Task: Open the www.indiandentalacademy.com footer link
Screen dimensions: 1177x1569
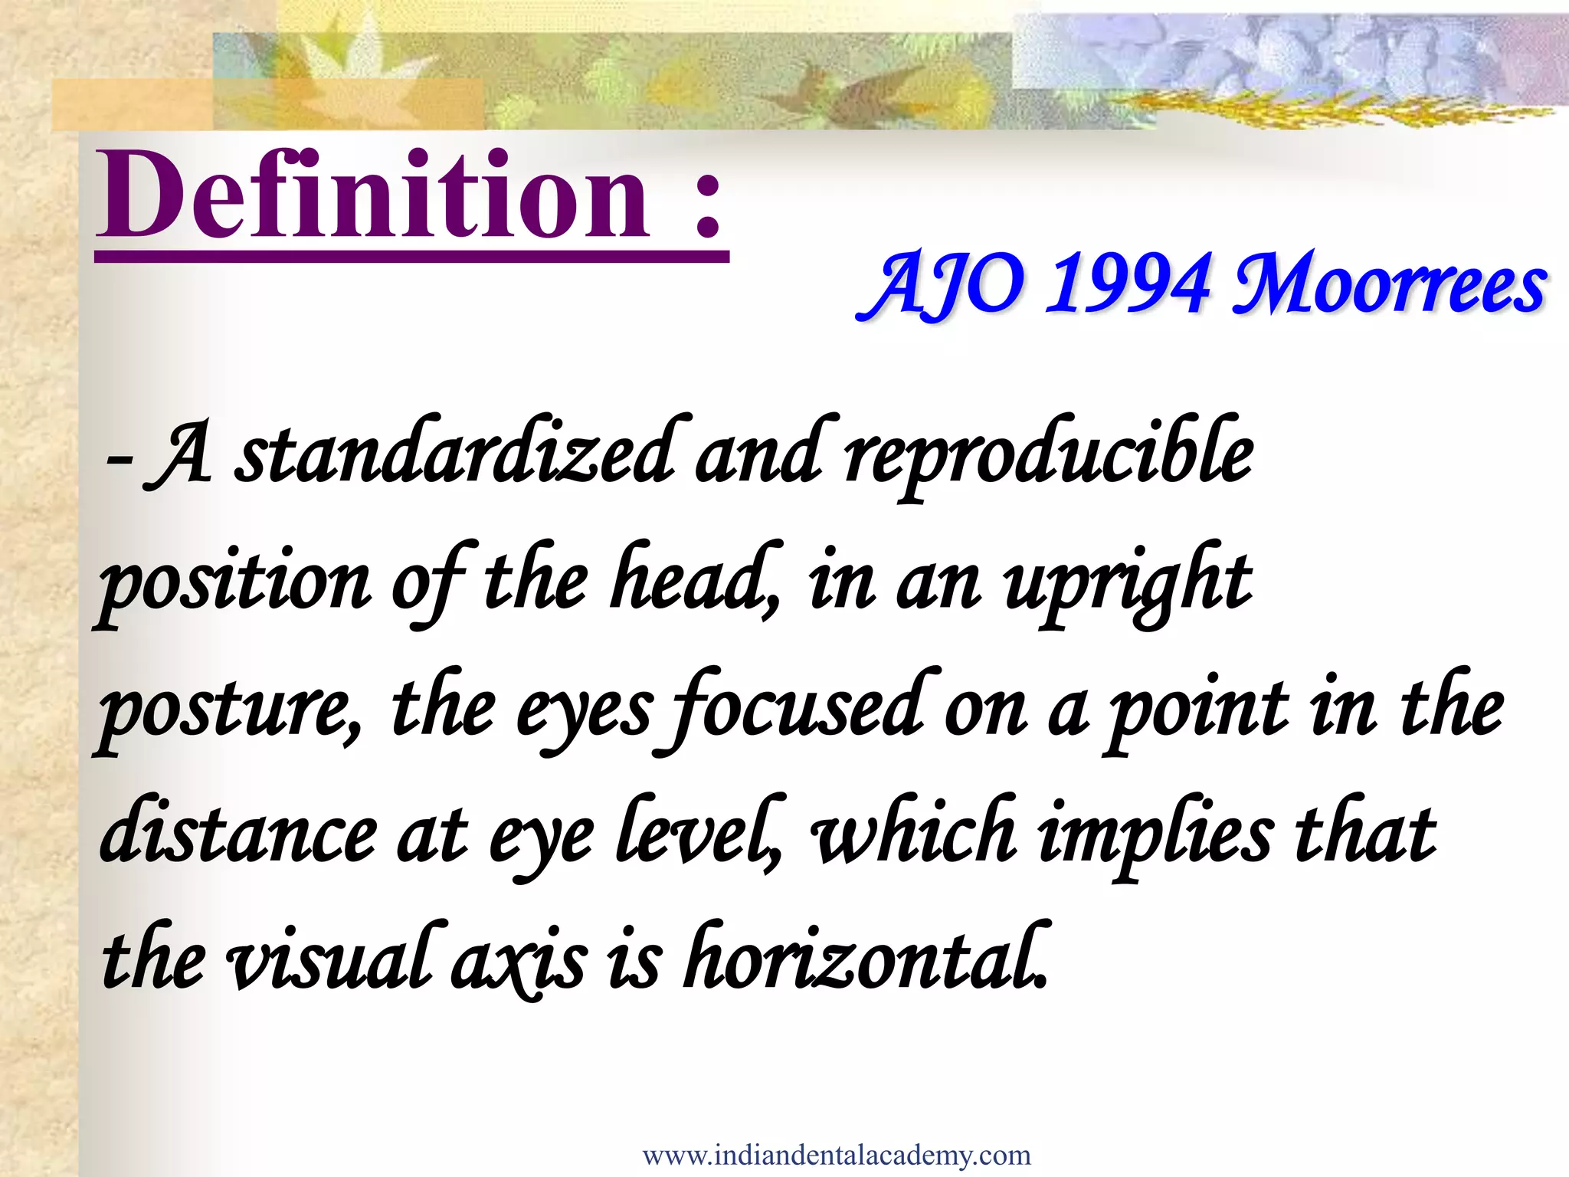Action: pos(837,1154)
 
